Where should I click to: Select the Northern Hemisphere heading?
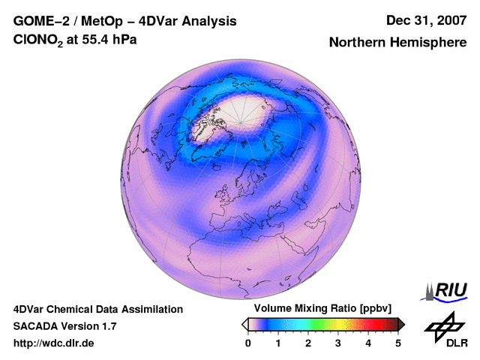pyautogui.click(x=397, y=43)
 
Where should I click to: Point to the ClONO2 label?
pyautogui.click(x=42, y=40)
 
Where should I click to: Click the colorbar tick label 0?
pyautogui.click(x=248, y=343)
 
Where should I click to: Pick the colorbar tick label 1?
pyautogui.click(x=278, y=343)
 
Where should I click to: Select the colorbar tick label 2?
pyautogui.click(x=308, y=343)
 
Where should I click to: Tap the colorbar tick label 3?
pyautogui.click(x=338, y=343)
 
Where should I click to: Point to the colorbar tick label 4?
pyautogui.click(x=368, y=343)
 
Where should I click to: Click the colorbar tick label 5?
pyautogui.click(x=398, y=343)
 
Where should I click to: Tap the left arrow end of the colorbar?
pyautogui.click(x=244, y=324)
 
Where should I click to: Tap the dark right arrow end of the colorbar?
pyautogui.click(x=401, y=324)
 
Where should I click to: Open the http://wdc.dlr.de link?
pyautogui.click(x=54, y=343)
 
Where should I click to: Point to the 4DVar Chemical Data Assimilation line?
pyautogui.click(x=97, y=309)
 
